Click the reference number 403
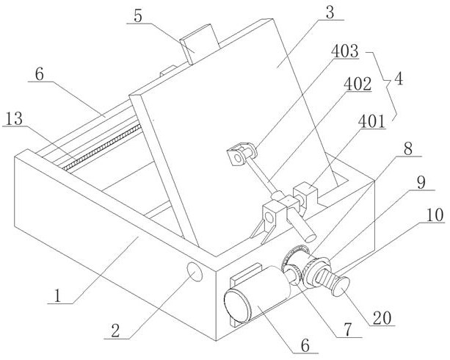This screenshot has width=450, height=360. [344, 51]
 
